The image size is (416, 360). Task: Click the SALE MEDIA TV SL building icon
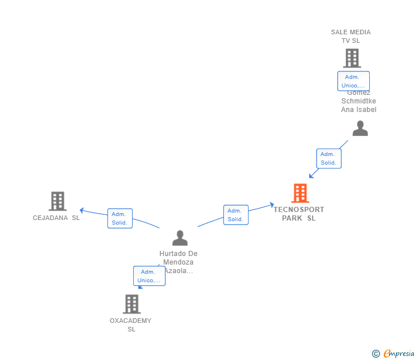[x=351, y=58]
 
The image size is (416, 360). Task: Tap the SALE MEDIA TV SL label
[x=351, y=37]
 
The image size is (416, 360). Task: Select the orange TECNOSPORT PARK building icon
[x=300, y=193]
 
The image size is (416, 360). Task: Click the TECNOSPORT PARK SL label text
[x=299, y=214]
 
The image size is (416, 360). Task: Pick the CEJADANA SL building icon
[x=57, y=201]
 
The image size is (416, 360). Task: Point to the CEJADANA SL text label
[x=57, y=218]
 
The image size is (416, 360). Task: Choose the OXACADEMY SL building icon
[x=131, y=304]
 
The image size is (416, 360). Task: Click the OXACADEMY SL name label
[x=131, y=325]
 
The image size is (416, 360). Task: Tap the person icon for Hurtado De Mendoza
[x=180, y=238]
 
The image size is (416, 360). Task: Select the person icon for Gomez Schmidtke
[x=360, y=128]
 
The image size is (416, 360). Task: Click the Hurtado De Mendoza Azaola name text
[x=178, y=262]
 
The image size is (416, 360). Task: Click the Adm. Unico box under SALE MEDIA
[x=353, y=81]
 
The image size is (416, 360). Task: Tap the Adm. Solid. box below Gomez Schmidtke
[x=329, y=158]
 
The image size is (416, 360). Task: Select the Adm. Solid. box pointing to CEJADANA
[x=120, y=218]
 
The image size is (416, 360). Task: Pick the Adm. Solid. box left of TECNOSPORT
[x=235, y=215]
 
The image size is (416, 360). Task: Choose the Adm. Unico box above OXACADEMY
[x=149, y=276]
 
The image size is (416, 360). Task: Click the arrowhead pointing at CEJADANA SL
[x=82, y=210]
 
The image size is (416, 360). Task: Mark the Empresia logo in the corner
[x=398, y=354]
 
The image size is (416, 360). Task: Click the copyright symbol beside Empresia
[x=375, y=354]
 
